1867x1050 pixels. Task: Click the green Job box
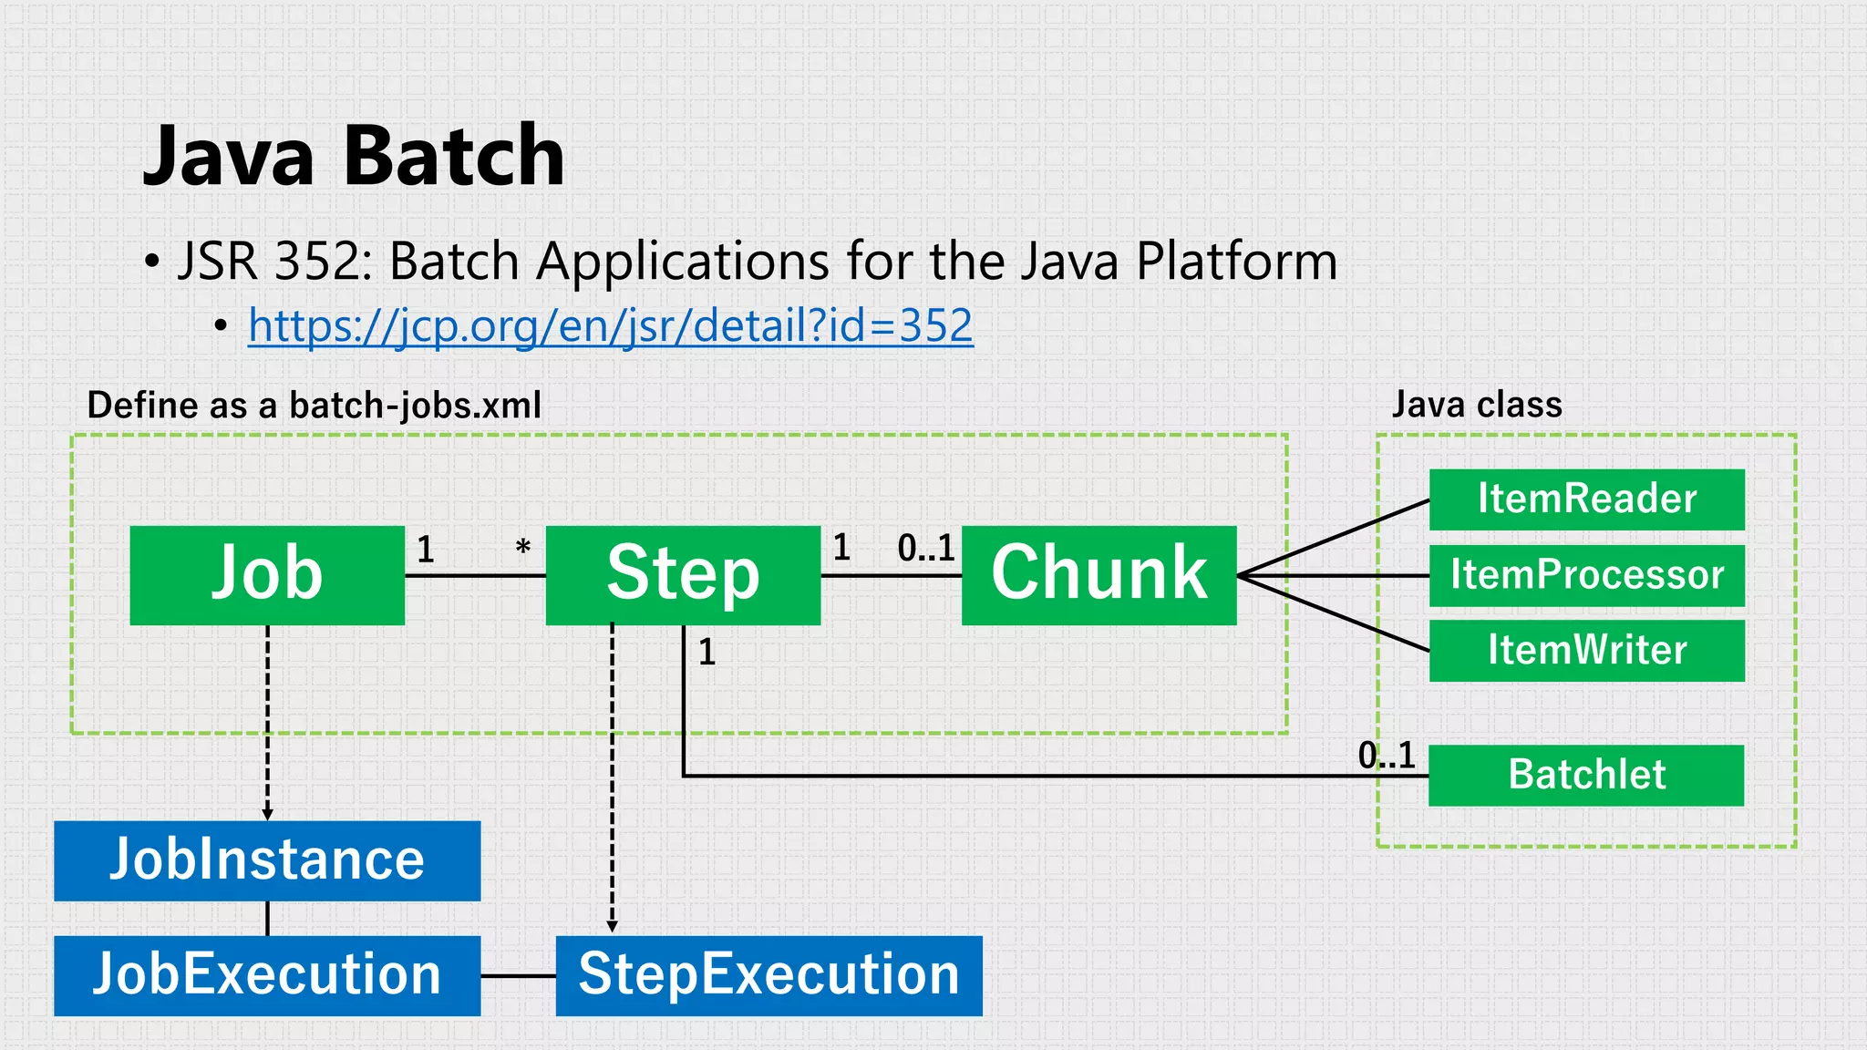[x=267, y=575]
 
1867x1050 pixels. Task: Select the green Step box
[x=683, y=575]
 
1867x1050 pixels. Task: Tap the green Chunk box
[x=1099, y=575]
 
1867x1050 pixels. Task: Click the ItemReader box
[x=1586, y=499]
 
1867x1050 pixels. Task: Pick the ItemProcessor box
[x=1586, y=575]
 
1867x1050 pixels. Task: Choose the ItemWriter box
[x=1586, y=651]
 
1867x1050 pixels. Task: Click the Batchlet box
[x=1585, y=775]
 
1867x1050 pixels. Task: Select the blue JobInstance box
[x=267, y=860]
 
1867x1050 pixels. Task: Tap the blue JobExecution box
[x=267, y=975]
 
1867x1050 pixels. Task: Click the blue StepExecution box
[x=768, y=975]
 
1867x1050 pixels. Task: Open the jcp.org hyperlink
[x=610, y=325]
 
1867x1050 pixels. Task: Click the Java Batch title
[x=354, y=156]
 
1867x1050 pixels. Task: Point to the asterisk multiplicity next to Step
[x=522, y=549]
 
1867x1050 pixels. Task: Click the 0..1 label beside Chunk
[x=925, y=548]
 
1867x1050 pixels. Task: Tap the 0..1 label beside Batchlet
[x=1386, y=755]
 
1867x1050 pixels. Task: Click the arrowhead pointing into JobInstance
[x=267, y=814]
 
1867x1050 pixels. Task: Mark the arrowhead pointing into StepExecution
[x=612, y=926]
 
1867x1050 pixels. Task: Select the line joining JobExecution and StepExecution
[x=518, y=975]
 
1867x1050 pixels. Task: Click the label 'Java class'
[x=1476, y=404]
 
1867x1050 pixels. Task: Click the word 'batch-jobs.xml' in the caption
[x=415, y=405]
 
